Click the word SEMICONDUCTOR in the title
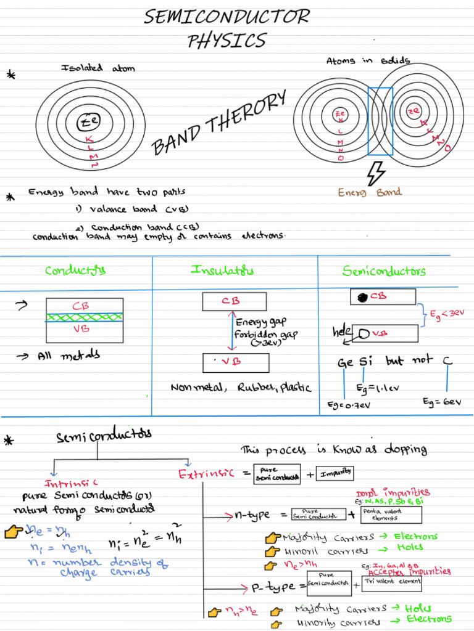(x=227, y=17)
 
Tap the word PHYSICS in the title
(x=227, y=41)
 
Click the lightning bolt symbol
(x=375, y=173)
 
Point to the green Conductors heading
(x=75, y=270)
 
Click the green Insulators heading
(x=222, y=270)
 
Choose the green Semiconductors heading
(x=384, y=271)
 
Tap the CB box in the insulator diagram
(x=234, y=301)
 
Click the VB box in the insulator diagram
(x=235, y=362)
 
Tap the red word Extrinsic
(x=206, y=474)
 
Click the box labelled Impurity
(x=335, y=473)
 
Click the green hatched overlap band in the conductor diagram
(x=84, y=317)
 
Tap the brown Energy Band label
(x=370, y=192)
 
